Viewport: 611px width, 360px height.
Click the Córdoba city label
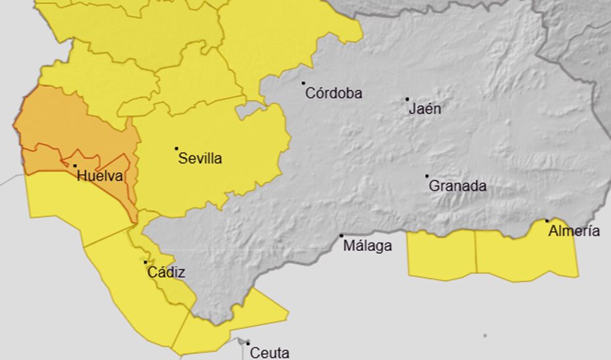point(334,93)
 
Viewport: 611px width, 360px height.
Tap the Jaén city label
point(424,109)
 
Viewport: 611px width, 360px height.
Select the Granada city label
point(457,186)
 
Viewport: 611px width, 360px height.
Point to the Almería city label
point(574,231)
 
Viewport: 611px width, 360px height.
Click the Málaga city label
point(368,246)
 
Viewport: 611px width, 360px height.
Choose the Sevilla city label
point(200,158)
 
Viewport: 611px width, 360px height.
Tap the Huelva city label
point(101,175)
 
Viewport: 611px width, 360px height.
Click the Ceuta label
point(269,353)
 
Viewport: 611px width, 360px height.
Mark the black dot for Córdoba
point(304,83)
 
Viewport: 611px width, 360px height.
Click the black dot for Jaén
point(407,99)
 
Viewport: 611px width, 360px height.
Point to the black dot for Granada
point(426,176)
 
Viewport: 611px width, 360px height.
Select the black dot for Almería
point(547,221)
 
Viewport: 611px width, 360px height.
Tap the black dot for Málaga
point(341,236)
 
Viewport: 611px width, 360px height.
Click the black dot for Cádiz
point(145,262)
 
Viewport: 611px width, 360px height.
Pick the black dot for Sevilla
point(176,148)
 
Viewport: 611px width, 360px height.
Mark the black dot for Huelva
point(75,166)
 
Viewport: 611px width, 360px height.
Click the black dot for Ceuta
point(248,342)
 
